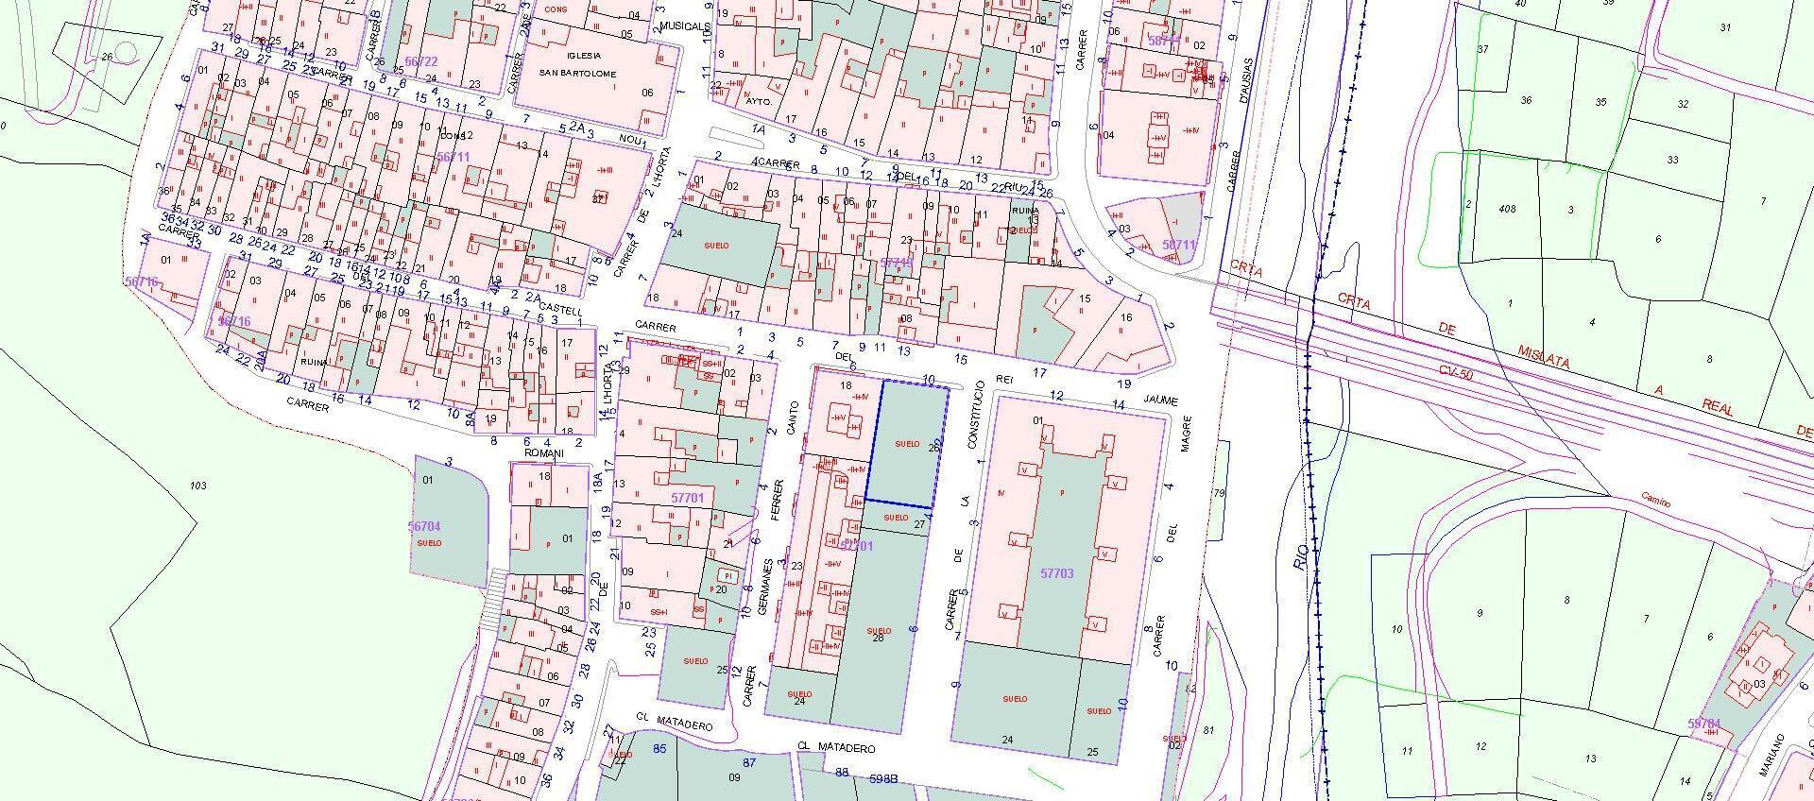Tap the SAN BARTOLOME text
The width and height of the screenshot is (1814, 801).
(577, 74)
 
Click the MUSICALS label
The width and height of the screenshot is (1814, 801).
(686, 26)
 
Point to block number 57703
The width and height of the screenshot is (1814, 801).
(1056, 573)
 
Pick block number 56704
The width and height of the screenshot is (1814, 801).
(424, 526)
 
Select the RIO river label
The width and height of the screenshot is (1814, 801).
(1302, 556)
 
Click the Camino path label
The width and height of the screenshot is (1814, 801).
(1655, 500)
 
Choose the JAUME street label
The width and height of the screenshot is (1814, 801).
(1160, 400)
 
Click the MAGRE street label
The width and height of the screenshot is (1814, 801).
(1187, 433)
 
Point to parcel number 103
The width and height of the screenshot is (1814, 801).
(197, 486)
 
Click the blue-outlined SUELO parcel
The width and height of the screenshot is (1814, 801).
(907, 444)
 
